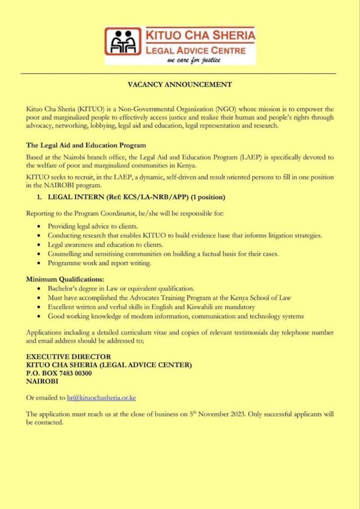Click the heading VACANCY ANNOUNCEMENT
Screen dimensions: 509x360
pos(180,84)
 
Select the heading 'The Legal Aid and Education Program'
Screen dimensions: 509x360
pos(86,145)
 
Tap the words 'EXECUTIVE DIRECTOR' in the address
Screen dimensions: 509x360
pos(68,356)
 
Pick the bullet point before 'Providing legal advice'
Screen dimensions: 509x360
pos(39,227)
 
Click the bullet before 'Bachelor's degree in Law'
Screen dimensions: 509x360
pos(39,289)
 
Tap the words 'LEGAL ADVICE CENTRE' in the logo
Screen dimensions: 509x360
pos(194,50)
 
